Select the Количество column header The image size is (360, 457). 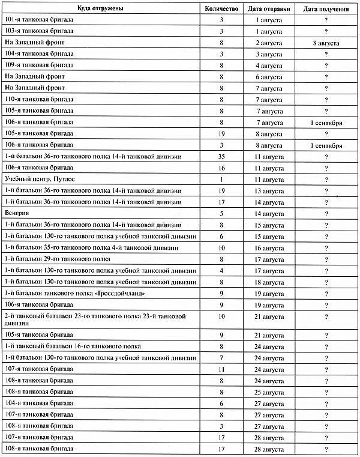(x=222, y=9)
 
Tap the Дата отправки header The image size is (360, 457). (x=270, y=9)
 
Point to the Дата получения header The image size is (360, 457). (x=326, y=9)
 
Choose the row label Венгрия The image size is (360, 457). (x=16, y=213)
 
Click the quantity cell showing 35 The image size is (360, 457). (x=222, y=156)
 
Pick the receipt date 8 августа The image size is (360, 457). (x=326, y=43)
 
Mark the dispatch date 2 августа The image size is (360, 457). (x=269, y=43)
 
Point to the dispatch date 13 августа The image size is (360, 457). (x=269, y=191)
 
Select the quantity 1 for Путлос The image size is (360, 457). (x=222, y=180)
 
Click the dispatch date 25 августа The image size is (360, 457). (x=269, y=392)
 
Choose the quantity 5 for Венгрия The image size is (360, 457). (x=222, y=213)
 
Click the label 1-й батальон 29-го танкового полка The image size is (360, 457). (x=57, y=259)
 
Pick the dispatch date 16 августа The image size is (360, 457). (x=269, y=247)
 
